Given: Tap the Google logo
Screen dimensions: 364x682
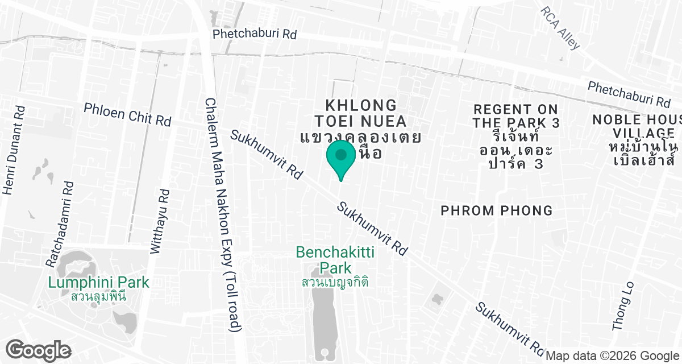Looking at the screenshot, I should click(x=39, y=350).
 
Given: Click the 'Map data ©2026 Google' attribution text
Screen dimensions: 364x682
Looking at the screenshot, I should click(x=613, y=356).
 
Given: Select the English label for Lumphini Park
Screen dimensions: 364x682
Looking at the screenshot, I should click(x=98, y=282).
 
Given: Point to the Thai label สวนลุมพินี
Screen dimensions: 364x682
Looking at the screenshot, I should click(x=98, y=296).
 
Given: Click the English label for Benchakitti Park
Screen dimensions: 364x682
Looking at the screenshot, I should click(x=335, y=259).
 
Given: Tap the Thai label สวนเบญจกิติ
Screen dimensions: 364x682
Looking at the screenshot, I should click(x=335, y=282).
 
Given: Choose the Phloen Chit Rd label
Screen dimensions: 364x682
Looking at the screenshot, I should click(x=127, y=114).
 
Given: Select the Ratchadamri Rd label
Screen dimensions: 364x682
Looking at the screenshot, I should click(x=60, y=224).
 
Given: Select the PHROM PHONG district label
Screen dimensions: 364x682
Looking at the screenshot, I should click(x=497, y=211).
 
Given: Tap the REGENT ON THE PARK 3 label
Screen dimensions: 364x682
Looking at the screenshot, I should click(x=516, y=116).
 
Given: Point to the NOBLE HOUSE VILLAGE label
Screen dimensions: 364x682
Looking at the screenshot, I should click(x=637, y=126).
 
